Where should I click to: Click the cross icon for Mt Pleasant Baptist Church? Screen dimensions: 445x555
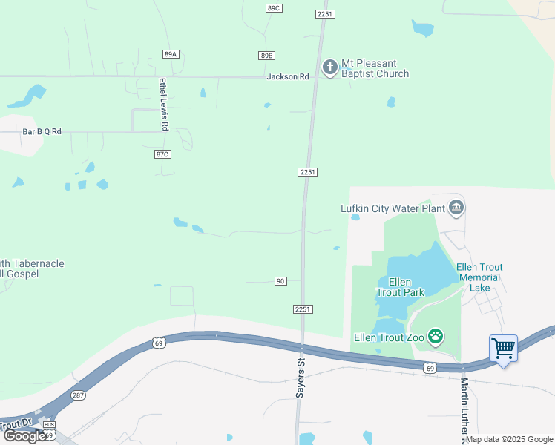329,67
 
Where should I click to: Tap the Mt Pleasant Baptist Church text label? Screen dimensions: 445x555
375,68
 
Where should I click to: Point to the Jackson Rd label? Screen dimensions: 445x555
288,77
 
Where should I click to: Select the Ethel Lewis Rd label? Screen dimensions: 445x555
164,105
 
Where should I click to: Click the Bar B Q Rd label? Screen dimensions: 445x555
42,131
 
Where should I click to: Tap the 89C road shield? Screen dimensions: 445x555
274,7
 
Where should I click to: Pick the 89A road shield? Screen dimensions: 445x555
171,54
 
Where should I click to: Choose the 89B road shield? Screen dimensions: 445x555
267,56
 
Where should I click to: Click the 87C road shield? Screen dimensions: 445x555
162,154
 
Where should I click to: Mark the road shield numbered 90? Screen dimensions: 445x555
280,281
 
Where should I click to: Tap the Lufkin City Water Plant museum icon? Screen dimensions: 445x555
456,208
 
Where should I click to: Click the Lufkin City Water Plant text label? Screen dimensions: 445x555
392,209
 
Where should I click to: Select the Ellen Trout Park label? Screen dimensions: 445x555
400,287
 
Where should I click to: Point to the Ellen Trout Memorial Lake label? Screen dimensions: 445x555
479,277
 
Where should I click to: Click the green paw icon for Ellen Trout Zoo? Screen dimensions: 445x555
436,337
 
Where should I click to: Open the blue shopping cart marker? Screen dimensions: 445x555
503,347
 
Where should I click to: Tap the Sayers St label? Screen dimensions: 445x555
301,378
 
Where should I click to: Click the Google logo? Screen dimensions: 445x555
24,436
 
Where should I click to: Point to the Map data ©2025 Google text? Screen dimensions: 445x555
510,439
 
